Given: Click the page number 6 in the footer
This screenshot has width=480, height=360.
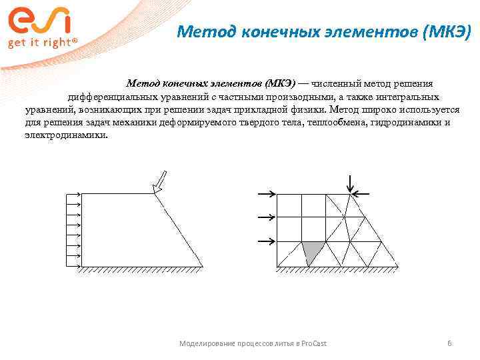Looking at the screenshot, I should click(449, 343).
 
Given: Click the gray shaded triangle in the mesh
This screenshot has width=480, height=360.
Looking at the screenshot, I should click(311, 252).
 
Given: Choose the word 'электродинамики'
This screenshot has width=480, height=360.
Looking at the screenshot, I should click(65, 135).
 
